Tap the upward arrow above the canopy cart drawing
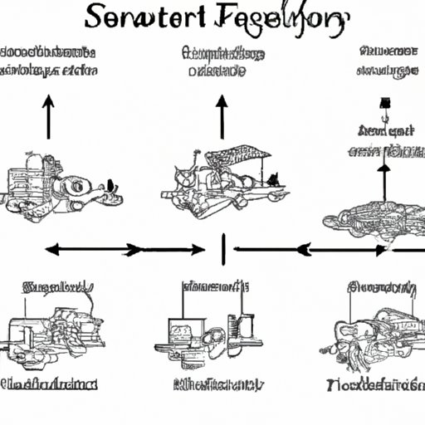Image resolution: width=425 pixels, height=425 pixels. pos(222,116)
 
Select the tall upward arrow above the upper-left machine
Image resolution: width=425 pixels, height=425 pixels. pos(48,116)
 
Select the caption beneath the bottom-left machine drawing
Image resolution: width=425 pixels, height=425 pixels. pos(50,385)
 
